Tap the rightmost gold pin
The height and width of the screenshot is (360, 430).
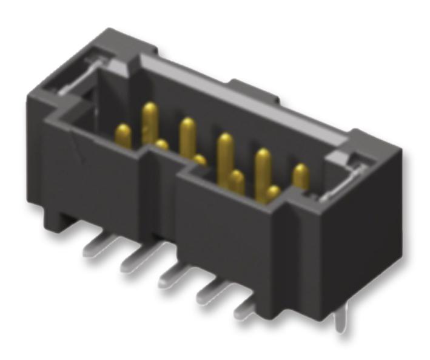pos(300,176)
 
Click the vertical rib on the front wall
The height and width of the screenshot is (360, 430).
pos(163,194)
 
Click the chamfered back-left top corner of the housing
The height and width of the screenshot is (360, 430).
pos(115,38)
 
